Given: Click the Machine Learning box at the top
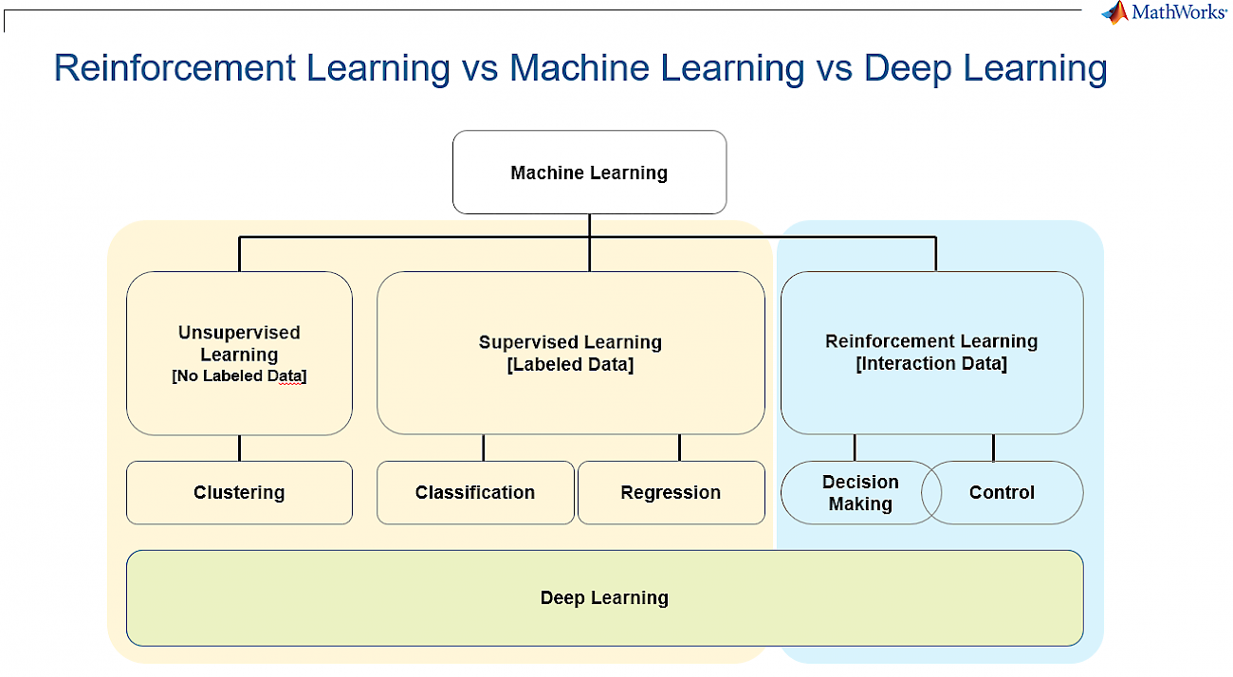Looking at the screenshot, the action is click(x=590, y=173).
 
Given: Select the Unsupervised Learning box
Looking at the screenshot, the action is click(x=239, y=354).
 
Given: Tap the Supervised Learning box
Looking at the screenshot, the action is click(x=571, y=353).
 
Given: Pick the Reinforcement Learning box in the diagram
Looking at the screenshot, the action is click(x=932, y=353).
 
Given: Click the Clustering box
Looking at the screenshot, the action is click(x=239, y=493).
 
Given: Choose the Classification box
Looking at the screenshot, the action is click(x=475, y=493).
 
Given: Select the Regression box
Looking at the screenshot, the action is click(x=672, y=493).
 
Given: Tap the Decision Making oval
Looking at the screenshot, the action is click(x=861, y=493).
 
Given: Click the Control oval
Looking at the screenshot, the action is click(x=1003, y=493).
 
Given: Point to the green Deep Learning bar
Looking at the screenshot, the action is click(x=605, y=598).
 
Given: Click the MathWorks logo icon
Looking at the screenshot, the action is click(x=1115, y=12).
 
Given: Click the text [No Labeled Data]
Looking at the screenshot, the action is click(x=239, y=375).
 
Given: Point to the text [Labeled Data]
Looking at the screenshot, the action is click(x=570, y=364).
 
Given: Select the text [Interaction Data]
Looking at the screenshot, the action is click(x=931, y=363).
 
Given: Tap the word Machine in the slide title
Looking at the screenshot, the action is click(x=580, y=67).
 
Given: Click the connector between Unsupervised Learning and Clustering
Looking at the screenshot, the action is click(x=239, y=448).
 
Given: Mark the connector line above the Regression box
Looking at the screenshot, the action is click(x=680, y=448).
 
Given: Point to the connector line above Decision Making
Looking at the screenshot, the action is click(x=855, y=448).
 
